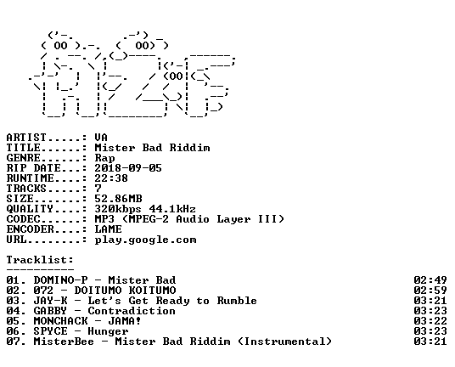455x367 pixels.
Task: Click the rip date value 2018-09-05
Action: coord(128,168)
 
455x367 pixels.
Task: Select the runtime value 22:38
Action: coord(111,178)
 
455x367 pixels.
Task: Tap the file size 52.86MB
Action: coord(118,199)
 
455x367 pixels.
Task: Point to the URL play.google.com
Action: coord(145,240)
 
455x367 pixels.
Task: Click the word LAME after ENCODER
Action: coord(108,229)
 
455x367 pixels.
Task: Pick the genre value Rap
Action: coord(104,159)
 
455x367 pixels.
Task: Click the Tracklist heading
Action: coord(40,260)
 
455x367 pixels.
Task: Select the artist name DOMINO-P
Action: coord(60,280)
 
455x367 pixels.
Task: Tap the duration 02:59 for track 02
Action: coord(430,291)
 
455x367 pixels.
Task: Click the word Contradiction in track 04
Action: coord(132,311)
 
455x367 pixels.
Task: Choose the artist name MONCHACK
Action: coord(60,321)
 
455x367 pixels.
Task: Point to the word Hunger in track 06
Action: coord(108,331)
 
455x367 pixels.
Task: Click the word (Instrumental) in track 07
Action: coord(284,342)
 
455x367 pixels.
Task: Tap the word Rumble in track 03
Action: coord(237,301)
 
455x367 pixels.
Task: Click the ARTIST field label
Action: coord(26,138)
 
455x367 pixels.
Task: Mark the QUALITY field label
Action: coord(30,209)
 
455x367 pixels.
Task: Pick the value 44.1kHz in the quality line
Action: coord(172,209)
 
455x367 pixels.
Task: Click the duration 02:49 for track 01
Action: coord(430,280)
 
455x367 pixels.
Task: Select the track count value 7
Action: coord(98,189)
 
